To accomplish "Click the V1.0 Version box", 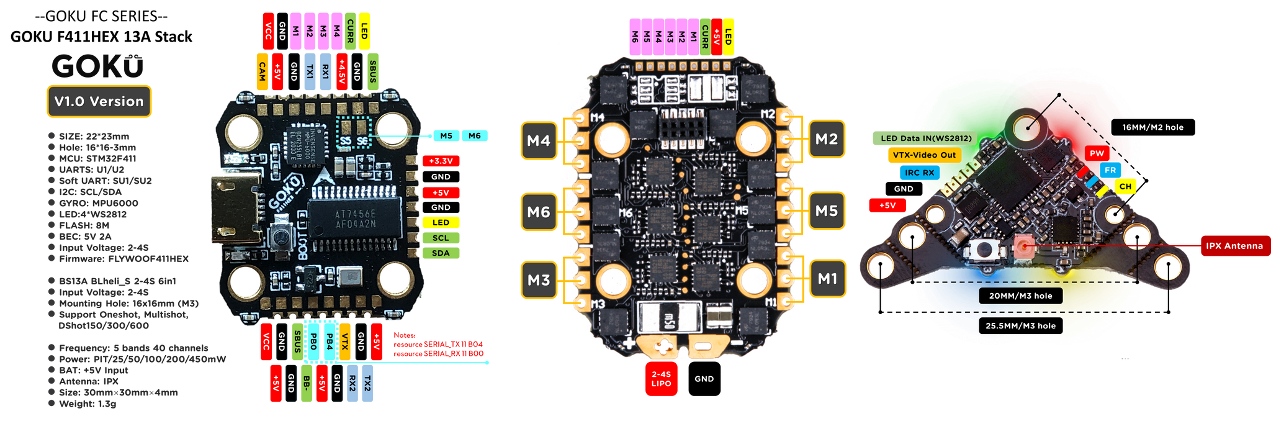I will click(99, 101).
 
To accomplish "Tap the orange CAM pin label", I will click(263, 71).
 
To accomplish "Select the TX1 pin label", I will click(310, 71).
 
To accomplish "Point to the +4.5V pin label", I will click(341, 71).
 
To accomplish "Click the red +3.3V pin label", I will click(441, 161).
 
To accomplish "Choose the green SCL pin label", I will click(441, 238).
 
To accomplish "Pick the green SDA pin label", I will click(441, 253).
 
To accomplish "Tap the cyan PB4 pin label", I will click(330, 341).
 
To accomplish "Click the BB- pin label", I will click(307, 383).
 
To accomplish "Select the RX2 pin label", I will click(352, 383).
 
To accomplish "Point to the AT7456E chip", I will click(355, 219).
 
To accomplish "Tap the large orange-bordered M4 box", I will click(538, 140).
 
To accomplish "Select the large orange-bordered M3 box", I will click(538, 280).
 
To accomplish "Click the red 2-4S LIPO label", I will click(661, 379).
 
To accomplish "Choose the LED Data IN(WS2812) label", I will click(926, 138).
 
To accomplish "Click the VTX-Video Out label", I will click(924, 155).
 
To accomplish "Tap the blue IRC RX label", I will click(919, 173).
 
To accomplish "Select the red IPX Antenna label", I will click(1234, 246).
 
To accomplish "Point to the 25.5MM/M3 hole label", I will click(1020, 326).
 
